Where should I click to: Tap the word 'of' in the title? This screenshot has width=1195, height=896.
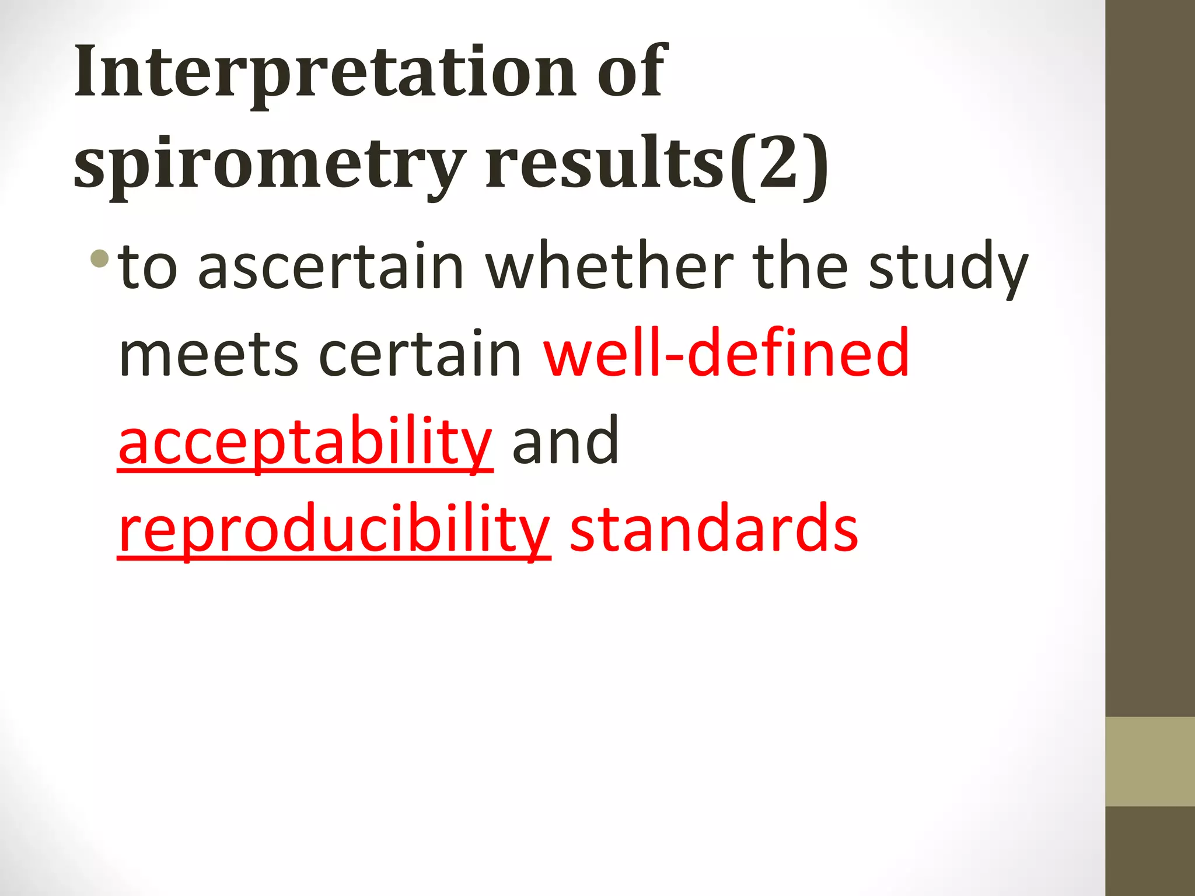click(632, 73)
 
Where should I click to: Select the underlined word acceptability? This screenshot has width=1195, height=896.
click(305, 442)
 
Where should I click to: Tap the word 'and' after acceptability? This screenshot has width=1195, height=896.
click(565, 441)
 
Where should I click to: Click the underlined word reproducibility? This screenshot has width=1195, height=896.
click(334, 530)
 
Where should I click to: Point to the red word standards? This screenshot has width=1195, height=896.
click(713, 528)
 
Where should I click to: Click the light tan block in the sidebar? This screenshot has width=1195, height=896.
click(1149, 761)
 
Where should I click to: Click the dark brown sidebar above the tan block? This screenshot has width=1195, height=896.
click(1149, 350)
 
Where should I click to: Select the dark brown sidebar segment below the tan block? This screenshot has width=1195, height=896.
click(1149, 852)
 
